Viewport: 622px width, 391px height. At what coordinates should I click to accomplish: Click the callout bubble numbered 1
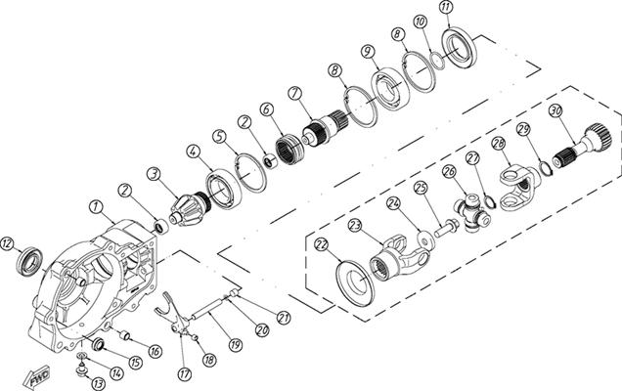click(x=95, y=206)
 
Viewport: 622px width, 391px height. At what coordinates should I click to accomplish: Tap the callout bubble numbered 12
click(x=8, y=243)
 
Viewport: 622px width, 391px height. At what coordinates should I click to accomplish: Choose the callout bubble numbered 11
click(x=446, y=9)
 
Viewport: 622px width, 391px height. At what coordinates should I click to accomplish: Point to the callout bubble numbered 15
click(x=135, y=363)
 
